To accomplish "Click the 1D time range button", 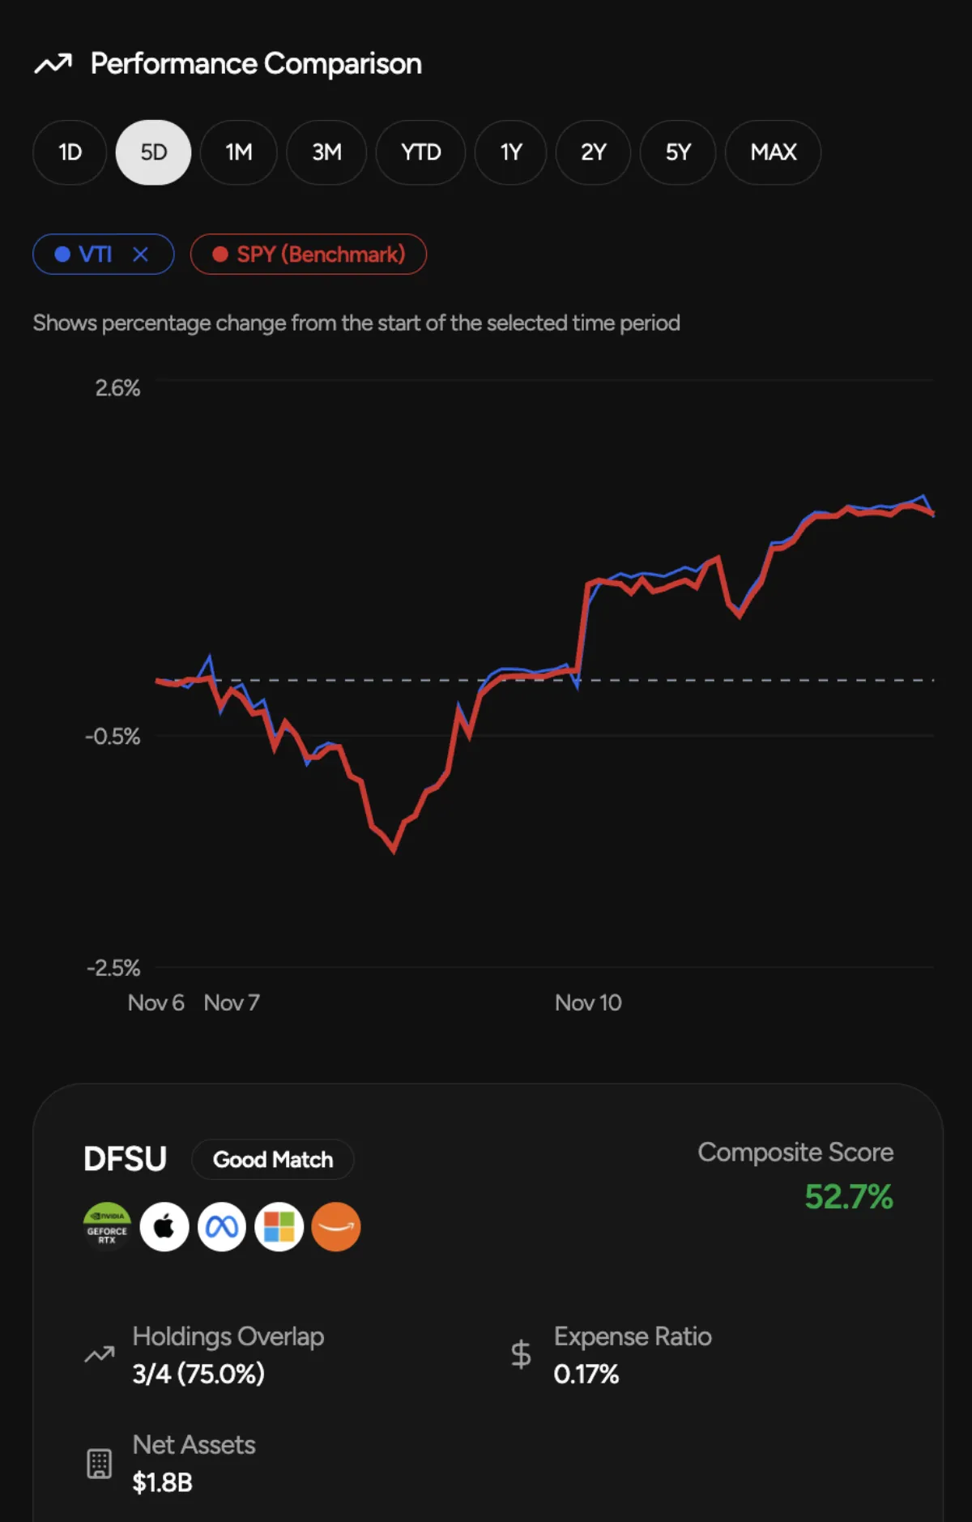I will [70, 152].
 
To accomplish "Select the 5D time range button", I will [154, 152].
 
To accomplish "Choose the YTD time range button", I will [420, 152].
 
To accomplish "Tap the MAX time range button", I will [773, 152].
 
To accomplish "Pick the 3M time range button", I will [326, 152].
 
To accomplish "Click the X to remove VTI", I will [141, 254].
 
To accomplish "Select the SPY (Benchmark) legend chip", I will [309, 254].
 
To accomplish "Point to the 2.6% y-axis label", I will [117, 388].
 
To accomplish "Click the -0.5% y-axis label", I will [113, 737].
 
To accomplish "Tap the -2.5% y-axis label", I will [113, 968].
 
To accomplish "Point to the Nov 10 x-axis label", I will [588, 1003].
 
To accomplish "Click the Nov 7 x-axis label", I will [232, 1003].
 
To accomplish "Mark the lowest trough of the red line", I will [394, 850].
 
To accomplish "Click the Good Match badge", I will [273, 1160].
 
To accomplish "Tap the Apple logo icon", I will [164, 1227].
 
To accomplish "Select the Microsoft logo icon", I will [279, 1227].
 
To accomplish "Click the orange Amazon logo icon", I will [336, 1227].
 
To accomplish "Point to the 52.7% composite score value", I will [848, 1197].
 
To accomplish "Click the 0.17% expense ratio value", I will [586, 1374].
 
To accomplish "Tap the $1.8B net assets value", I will [163, 1482].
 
